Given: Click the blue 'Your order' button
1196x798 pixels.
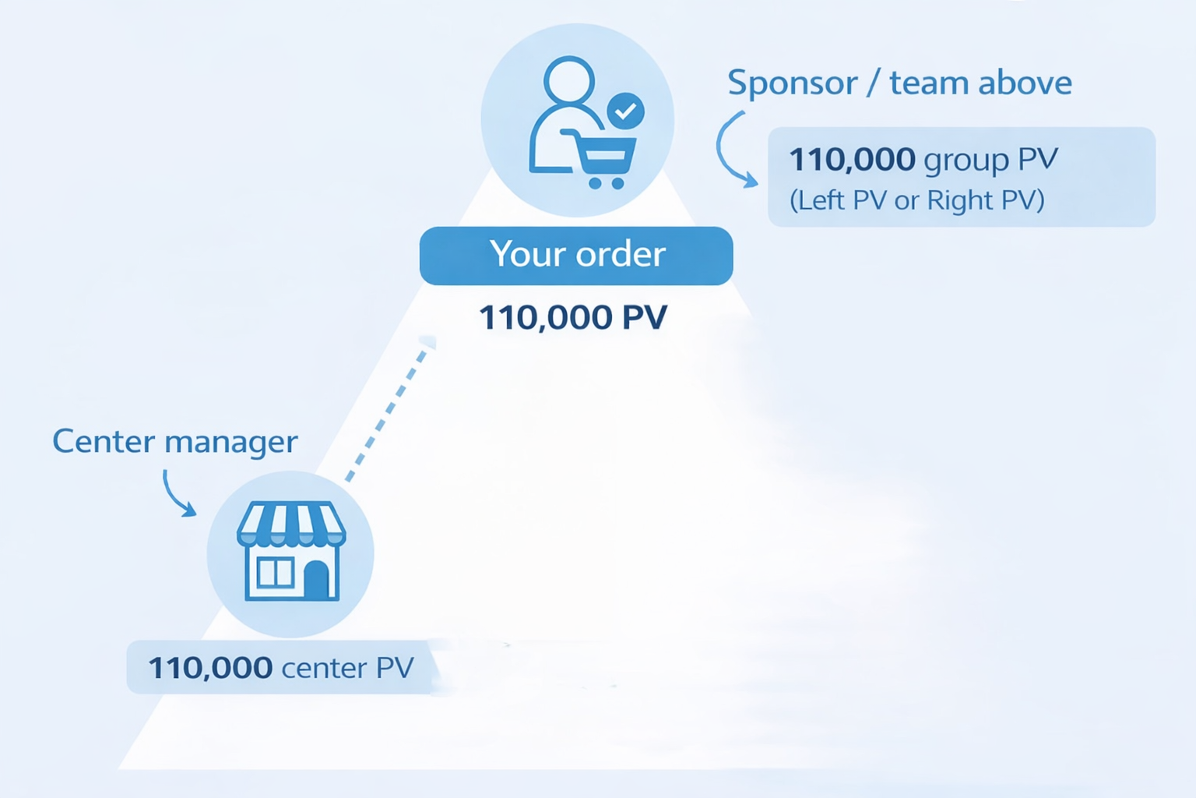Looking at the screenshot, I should (576, 256).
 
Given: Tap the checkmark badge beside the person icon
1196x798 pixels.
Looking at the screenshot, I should (625, 111).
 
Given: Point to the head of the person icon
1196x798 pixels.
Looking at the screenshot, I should (569, 79).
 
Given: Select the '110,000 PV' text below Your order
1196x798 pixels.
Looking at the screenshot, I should (573, 317).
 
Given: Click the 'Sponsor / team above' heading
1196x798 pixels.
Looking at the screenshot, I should (899, 83).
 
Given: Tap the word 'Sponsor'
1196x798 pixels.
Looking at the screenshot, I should (792, 83).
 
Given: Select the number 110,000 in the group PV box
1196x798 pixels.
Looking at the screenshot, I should (852, 159).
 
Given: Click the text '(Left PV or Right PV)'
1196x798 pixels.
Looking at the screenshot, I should (916, 200).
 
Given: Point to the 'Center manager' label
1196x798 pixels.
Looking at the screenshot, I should (174, 442).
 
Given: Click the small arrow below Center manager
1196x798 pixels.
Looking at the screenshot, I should (178, 494).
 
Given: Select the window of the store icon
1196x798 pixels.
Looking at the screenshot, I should (274, 573).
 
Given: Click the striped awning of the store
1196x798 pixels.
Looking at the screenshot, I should (291, 524).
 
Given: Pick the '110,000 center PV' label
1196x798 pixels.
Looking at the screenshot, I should (280, 668).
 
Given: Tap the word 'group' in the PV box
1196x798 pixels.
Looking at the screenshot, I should (966, 161).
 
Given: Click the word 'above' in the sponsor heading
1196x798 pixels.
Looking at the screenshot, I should (1025, 83).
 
